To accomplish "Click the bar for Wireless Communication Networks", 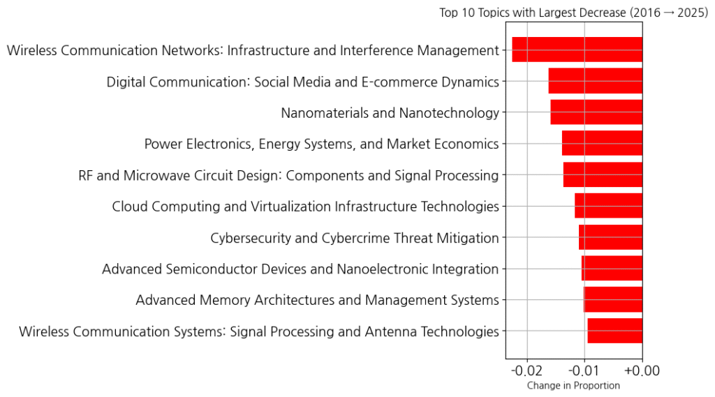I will click(577, 50).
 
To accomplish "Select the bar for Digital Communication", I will click(595, 81).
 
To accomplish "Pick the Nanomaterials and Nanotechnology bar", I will click(596, 112).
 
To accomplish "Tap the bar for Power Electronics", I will click(602, 144).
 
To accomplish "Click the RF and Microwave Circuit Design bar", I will click(603, 175).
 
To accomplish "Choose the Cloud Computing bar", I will click(608, 207).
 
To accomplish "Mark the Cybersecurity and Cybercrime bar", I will click(610, 237).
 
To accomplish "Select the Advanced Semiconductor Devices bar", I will click(612, 269).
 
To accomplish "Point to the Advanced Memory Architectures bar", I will click(612, 300).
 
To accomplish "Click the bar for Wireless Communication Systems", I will click(614, 331).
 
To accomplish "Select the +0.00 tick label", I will click(641, 370).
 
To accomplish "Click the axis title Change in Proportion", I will click(573, 385).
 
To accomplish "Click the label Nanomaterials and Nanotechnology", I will click(390, 113).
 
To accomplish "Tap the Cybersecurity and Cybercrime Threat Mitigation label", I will click(355, 238).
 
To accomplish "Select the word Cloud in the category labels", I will click(129, 207).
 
